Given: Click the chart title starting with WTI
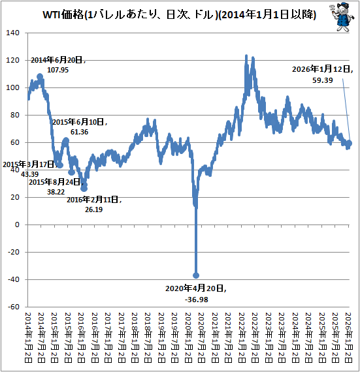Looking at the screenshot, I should point(171,15).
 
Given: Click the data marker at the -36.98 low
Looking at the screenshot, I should point(196,275).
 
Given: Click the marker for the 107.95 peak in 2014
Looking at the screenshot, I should point(41,76).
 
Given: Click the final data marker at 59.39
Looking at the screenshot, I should point(350,143).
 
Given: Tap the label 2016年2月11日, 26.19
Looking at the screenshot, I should point(93,204).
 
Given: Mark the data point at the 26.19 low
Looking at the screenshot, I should point(84,188).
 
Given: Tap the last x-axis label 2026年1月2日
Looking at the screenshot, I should point(350,338).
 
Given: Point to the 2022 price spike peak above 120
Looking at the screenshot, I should point(246,56).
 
